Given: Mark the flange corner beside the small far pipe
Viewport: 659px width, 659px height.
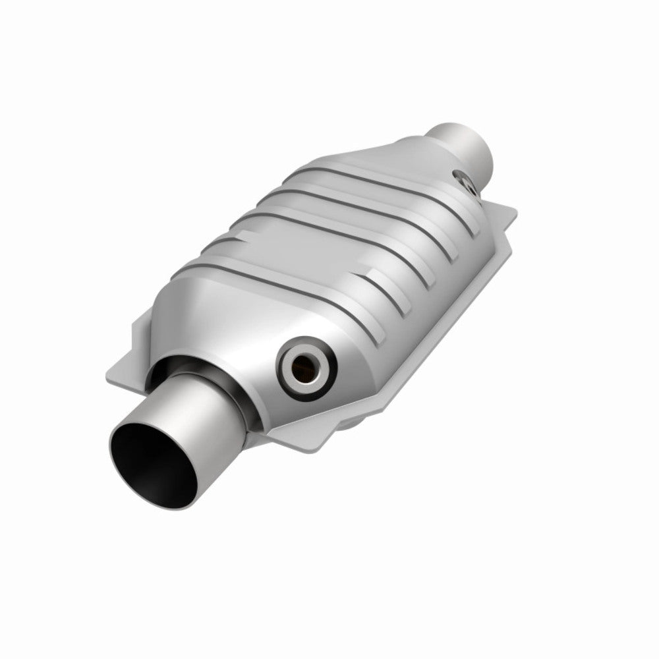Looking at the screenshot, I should pos(507,217).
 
